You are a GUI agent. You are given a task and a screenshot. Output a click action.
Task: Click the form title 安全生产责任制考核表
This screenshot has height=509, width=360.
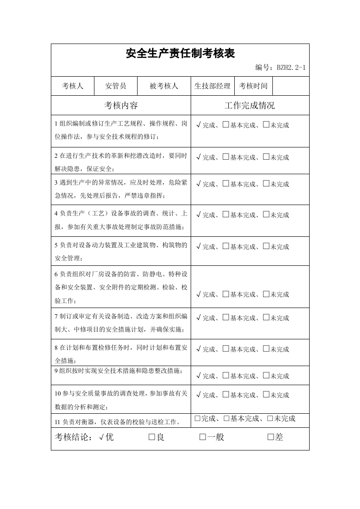[180, 54]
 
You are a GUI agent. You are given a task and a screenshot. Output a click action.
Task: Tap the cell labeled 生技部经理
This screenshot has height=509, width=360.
[212, 86]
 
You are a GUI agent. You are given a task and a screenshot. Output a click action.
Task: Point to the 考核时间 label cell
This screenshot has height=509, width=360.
[253, 86]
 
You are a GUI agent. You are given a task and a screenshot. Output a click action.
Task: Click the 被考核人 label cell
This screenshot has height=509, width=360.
[164, 86]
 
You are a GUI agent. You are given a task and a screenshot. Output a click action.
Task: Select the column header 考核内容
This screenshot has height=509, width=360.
[121, 106]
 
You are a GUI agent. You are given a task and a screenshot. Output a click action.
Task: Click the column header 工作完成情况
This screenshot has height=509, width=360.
[250, 106]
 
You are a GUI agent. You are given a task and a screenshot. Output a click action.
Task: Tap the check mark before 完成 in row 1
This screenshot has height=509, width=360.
[199, 125]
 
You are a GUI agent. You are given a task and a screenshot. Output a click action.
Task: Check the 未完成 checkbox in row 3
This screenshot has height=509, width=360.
[266, 184]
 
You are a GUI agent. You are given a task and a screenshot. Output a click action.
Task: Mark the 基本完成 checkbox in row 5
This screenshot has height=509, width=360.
[226, 246]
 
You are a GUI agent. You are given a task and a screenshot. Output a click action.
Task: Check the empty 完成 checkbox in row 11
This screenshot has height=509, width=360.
[197, 418]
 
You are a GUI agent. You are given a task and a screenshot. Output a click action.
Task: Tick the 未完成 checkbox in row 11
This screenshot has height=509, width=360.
[270, 418]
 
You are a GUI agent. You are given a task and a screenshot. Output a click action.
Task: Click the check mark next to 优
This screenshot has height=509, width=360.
[101, 437]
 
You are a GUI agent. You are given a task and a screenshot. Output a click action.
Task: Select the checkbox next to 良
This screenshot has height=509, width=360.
[152, 437]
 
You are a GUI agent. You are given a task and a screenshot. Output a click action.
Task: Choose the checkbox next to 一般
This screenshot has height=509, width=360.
[202, 437]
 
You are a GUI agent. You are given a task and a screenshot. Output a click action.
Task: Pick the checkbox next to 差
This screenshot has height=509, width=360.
[271, 437]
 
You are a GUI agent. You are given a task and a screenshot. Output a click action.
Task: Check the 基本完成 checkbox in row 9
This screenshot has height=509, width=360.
[226, 376]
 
